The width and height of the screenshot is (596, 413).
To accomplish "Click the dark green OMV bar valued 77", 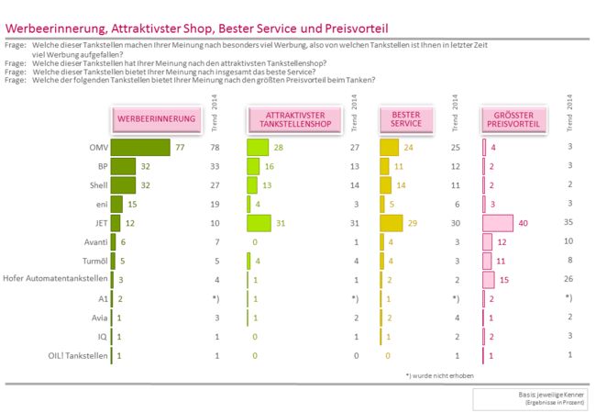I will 140,147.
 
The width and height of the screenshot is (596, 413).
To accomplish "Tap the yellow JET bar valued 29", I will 392,223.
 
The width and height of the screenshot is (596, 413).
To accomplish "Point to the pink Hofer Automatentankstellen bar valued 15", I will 489,279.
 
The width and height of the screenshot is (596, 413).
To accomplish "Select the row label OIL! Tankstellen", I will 77,355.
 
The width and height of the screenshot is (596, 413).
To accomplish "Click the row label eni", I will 101,204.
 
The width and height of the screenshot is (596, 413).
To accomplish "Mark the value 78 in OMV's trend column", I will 215,147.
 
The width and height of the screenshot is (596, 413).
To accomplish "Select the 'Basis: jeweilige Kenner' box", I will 526,398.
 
